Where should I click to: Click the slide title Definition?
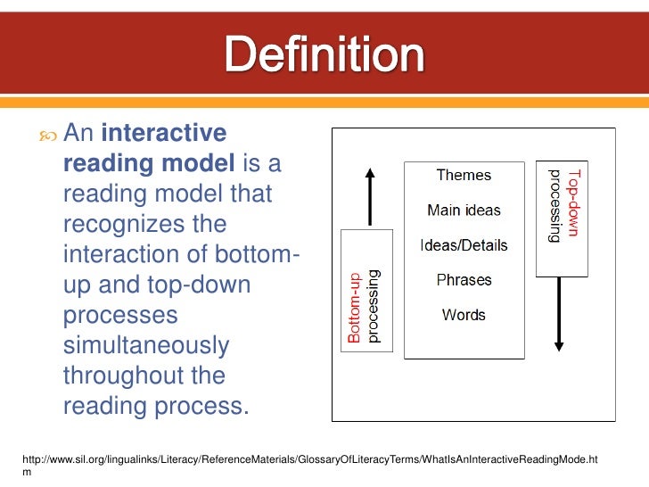point(324,56)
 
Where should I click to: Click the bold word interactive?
point(164,134)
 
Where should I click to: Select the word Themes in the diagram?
point(463,175)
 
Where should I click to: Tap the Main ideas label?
point(464,210)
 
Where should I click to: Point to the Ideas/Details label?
point(464,245)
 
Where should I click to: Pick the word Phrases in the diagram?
point(464,280)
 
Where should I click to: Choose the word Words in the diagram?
point(464,315)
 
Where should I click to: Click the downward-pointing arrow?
point(558,313)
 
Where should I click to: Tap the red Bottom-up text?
point(354,308)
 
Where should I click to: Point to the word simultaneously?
point(145,346)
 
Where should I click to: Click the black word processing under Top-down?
point(554,205)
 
